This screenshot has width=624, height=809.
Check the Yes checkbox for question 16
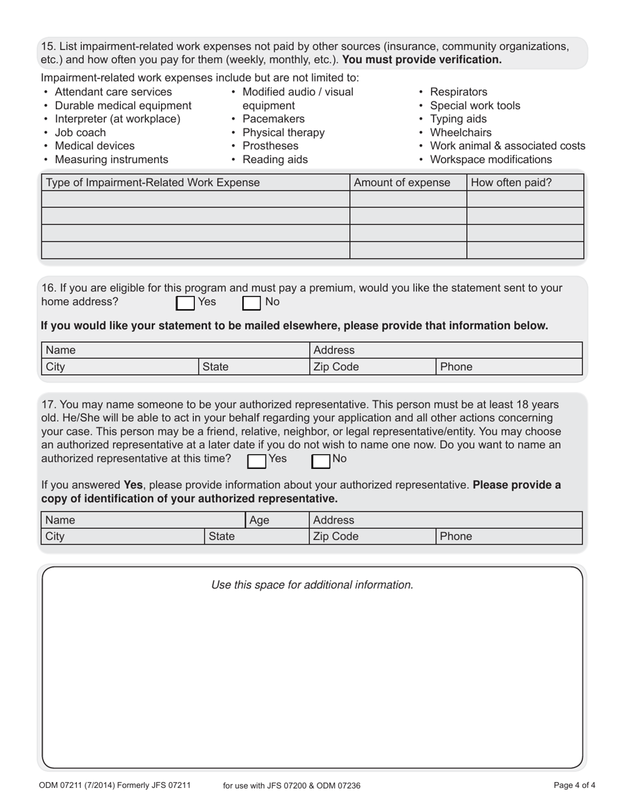pos(186,303)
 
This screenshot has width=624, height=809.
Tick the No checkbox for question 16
pos(252,303)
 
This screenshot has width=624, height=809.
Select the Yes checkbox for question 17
pos(257,461)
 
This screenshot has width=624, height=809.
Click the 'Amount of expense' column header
pos(402,183)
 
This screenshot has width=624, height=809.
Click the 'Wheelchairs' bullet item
pos(460,133)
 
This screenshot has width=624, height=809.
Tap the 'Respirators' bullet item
pos(458,92)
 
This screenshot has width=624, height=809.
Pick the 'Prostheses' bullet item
pos(270,146)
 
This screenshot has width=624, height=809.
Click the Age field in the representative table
pos(276,520)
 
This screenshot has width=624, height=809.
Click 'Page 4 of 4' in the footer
pos(575,785)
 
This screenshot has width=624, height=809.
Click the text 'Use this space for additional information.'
pos(312,585)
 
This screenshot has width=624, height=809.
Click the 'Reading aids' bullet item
pos(275,160)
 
